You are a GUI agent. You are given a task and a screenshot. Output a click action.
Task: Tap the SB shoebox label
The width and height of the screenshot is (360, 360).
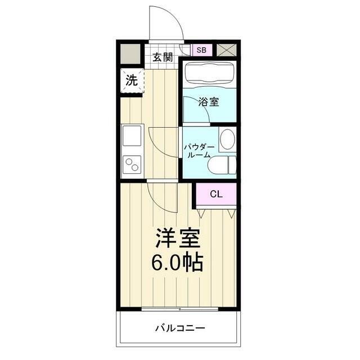[x=201, y=49]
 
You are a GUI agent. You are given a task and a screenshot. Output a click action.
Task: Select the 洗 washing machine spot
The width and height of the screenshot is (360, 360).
[x=131, y=80]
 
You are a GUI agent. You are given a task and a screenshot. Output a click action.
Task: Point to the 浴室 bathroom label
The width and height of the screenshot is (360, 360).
[x=209, y=102]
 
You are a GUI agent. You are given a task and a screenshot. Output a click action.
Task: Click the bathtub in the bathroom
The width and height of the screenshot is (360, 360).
[x=208, y=74]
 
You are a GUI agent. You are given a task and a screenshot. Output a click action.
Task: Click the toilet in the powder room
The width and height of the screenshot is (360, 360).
[x=222, y=165]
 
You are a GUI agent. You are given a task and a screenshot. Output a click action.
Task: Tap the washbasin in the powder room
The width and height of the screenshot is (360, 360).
[x=227, y=139]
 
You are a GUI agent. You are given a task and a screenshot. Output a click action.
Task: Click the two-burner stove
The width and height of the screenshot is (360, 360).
[x=133, y=165]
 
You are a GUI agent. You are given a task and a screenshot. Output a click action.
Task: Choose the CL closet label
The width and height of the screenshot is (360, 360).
[x=216, y=194]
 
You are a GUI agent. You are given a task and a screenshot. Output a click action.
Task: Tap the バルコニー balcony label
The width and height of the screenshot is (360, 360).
[x=180, y=328]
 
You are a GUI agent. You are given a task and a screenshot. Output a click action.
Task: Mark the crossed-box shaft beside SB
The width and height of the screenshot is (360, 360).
[x=227, y=49]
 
